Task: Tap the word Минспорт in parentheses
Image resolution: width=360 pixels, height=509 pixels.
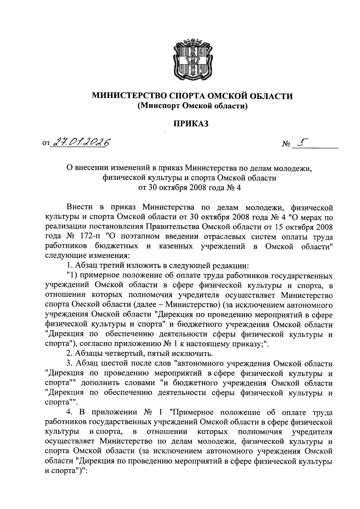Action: click(x=158, y=106)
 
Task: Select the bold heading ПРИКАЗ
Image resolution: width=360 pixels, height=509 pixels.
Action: click(x=192, y=124)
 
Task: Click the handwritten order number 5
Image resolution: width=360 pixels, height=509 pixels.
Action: click(x=300, y=144)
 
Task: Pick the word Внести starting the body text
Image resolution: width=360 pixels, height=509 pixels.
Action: click(x=79, y=207)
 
